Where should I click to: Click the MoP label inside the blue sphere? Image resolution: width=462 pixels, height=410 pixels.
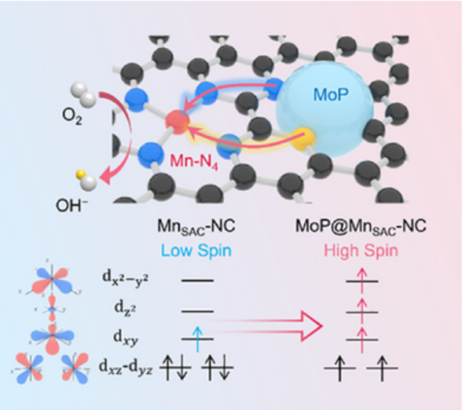tap(331, 94)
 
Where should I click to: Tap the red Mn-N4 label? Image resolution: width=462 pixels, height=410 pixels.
tap(194, 162)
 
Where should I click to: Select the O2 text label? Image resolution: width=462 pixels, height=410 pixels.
tap(72, 116)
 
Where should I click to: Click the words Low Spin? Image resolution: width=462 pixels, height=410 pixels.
tap(196, 251)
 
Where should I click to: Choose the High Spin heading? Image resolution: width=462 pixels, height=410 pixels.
tap(361, 251)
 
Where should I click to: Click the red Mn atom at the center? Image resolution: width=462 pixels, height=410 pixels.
tap(178, 122)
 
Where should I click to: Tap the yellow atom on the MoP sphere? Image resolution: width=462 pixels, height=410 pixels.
tap(303, 139)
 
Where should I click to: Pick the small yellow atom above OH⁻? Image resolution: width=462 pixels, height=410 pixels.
tap(79, 174)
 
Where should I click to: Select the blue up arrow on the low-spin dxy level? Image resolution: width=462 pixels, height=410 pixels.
tap(197, 339)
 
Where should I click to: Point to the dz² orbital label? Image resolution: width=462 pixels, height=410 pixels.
tap(125, 309)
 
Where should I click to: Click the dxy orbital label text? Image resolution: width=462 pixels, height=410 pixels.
tap(126, 338)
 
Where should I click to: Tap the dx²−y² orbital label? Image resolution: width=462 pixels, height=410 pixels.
tap(126, 277)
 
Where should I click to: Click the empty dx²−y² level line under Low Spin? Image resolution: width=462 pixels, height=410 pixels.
tap(197, 280)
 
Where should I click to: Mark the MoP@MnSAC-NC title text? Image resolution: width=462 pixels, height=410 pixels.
tap(361, 227)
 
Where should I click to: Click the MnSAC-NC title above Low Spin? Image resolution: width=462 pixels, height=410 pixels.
tap(196, 227)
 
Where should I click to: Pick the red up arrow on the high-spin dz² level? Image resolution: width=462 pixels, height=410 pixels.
tap(361, 310)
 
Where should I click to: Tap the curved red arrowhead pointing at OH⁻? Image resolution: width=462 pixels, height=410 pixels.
tap(105, 176)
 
